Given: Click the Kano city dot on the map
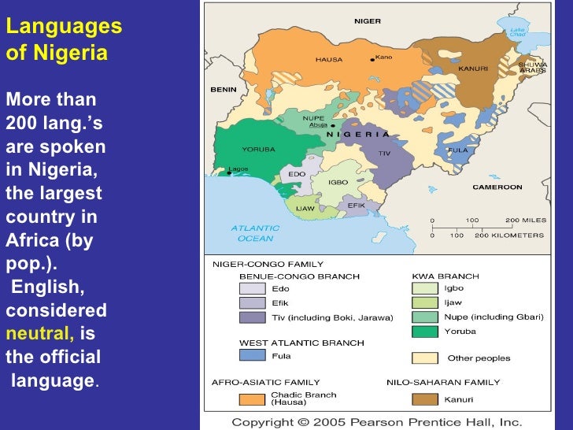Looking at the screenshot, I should click(x=372, y=58).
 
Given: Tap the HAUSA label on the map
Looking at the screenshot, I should click(x=328, y=59).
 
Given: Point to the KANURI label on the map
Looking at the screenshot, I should click(x=472, y=69).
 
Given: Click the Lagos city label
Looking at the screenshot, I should click(x=238, y=169).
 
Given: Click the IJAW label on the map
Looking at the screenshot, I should click(x=305, y=208).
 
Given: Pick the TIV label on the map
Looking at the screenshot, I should click(x=384, y=153).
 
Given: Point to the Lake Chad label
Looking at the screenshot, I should click(x=517, y=32).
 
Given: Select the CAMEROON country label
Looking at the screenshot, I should click(x=497, y=187).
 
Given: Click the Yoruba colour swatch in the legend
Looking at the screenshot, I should click(x=424, y=331).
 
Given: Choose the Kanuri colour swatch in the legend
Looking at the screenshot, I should click(x=424, y=399).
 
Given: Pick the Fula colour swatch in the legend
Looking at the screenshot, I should click(x=252, y=355).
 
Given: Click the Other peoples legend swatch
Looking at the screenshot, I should click(x=424, y=358).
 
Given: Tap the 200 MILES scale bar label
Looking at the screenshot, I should click(x=524, y=220).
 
